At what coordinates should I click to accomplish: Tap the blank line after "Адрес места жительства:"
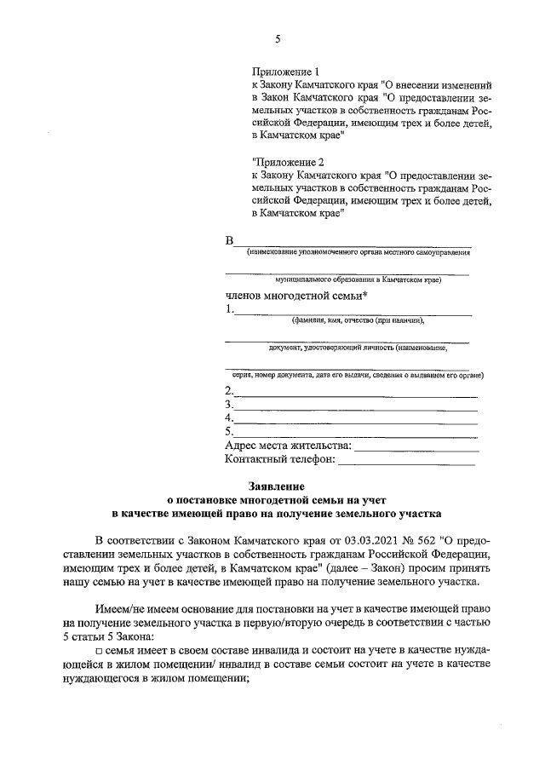pyautogui.click(x=416, y=446)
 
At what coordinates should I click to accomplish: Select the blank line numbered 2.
pyautogui.click(x=355, y=394)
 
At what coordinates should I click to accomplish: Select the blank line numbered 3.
pyautogui.click(x=355, y=407)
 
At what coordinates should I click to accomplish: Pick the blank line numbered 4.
pyautogui.click(x=355, y=421)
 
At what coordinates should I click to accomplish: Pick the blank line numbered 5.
pyautogui.click(x=355, y=434)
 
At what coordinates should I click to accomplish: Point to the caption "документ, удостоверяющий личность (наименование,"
pyautogui.click(x=357, y=348)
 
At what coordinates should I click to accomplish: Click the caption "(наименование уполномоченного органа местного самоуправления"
pyautogui.click(x=357, y=252)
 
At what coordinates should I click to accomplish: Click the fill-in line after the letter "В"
pyautogui.click(x=353, y=244)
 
